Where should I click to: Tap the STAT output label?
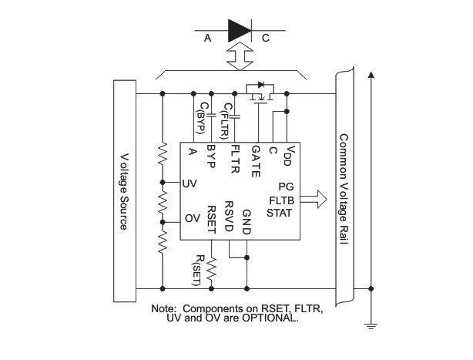click(279, 212)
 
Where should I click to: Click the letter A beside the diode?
click(207, 37)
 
